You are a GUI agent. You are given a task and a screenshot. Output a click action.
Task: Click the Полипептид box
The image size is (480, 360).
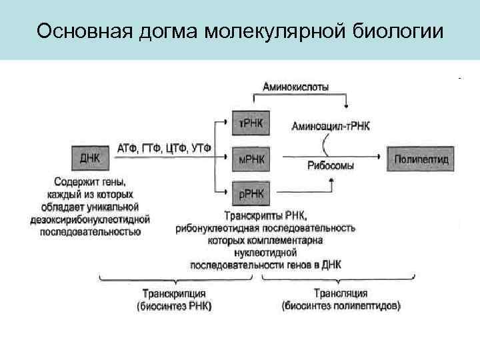pyautogui.click(x=421, y=159)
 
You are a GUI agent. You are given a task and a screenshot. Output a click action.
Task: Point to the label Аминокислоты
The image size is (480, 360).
pyautogui.click(x=295, y=86)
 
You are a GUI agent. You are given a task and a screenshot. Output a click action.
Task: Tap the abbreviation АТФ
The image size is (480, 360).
pyautogui.click(x=127, y=147)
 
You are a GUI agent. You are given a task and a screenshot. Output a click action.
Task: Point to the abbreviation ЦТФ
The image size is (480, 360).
pyautogui.click(x=175, y=147)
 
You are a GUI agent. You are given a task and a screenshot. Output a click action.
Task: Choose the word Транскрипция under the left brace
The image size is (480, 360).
pyautogui.click(x=174, y=294)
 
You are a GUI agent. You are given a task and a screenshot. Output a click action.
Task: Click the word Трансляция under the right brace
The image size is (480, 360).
pyautogui.click(x=341, y=294)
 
